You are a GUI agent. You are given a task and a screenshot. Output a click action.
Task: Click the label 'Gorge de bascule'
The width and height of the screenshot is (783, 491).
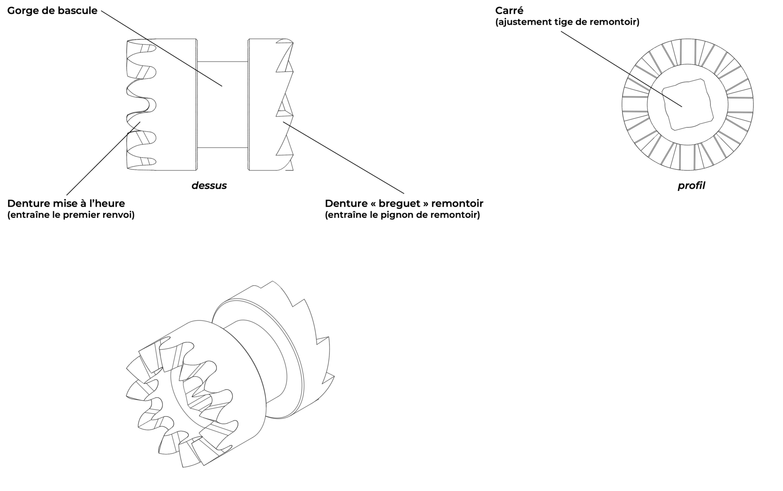click(x=52, y=11)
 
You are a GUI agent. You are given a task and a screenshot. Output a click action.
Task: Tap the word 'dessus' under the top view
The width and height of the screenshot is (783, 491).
click(x=209, y=186)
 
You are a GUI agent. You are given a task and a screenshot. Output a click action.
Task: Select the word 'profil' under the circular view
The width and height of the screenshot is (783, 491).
click(x=691, y=186)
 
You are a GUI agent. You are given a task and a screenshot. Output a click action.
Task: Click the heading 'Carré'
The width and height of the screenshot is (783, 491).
click(x=509, y=11)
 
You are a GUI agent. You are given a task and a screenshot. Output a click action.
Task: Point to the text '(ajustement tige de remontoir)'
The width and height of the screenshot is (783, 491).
click(x=567, y=22)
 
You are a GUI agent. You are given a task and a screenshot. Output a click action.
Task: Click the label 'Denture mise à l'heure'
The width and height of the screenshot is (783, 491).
click(x=66, y=203)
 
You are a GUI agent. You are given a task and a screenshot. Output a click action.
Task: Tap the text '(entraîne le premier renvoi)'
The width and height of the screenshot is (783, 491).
click(x=71, y=215)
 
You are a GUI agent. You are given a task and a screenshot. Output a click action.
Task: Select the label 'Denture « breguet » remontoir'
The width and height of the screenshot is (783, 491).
click(x=404, y=203)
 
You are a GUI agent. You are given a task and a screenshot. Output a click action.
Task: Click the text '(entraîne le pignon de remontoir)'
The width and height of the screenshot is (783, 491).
click(x=402, y=215)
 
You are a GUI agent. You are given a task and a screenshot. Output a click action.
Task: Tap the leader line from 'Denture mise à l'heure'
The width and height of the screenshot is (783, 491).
click(x=102, y=159)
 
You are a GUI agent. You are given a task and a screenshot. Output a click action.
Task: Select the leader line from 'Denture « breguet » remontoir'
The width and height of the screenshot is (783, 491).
click(x=347, y=159)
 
